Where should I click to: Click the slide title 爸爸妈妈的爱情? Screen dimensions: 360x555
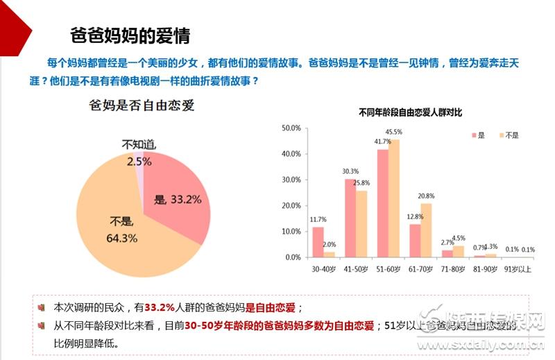(130, 35)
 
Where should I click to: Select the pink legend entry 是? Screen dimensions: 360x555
(477, 135)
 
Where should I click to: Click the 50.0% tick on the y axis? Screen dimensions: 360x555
(291, 128)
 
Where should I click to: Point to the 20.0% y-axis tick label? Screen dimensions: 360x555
(291, 206)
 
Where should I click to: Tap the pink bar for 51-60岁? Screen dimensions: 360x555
(382, 203)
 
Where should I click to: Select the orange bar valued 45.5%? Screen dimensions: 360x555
(394, 198)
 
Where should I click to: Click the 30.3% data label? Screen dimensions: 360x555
(350, 171)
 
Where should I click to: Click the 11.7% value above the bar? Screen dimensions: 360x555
(318, 219)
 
